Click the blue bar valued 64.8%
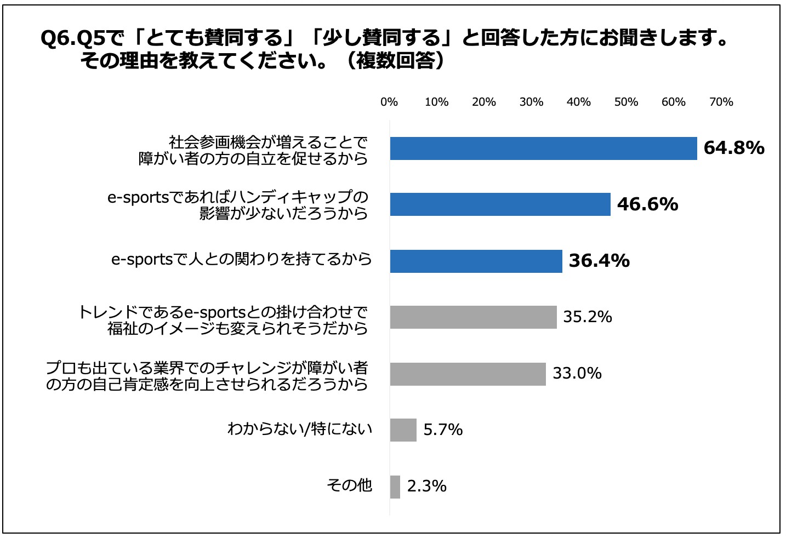543,148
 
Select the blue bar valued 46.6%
500,204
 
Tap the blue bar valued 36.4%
476,261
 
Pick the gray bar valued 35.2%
473,317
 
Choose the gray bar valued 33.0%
468,374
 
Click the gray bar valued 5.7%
403,430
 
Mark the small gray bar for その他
395,487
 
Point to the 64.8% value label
733,148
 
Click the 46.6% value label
647,204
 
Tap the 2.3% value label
426,486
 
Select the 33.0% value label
577,374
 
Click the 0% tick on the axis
389,102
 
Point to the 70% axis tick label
721,102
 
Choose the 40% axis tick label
578,102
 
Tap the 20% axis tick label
483,102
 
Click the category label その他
349,485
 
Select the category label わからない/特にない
300,428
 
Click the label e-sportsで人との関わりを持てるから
241,259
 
